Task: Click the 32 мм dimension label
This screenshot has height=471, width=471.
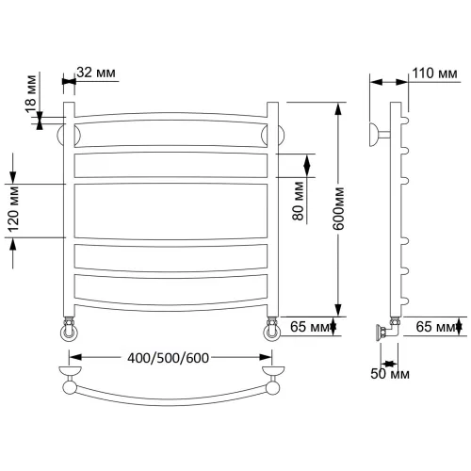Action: click(x=96, y=73)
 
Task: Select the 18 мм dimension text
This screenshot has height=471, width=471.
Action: click(x=31, y=94)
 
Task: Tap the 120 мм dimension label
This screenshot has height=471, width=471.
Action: click(x=13, y=209)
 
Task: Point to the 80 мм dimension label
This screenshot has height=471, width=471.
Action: click(x=299, y=201)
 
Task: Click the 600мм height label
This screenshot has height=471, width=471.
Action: click(x=338, y=209)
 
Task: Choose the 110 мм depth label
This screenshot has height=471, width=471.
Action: click(x=434, y=73)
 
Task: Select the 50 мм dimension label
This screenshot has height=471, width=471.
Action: click(x=390, y=374)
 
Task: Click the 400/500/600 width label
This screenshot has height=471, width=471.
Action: click(x=168, y=358)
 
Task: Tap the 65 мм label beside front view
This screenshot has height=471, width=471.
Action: click(x=310, y=327)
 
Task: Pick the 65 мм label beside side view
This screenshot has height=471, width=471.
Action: click(x=436, y=327)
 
